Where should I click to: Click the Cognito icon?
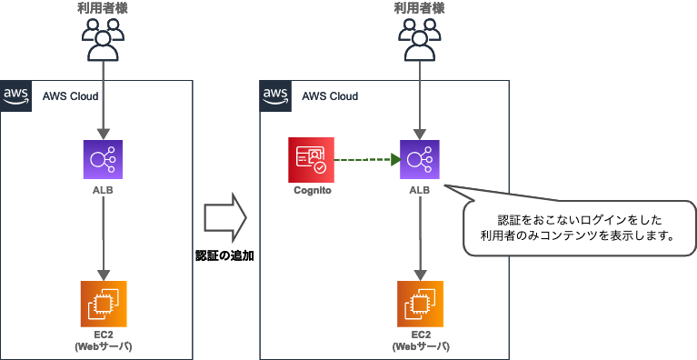pyautogui.click(x=311, y=160)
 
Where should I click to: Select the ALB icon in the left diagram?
pyautogui.click(x=105, y=161)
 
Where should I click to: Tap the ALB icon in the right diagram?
pyautogui.click(x=419, y=161)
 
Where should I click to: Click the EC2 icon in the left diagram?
pyautogui.click(x=105, y=305)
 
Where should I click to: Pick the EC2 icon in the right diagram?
pyautogui.click(x=419, y=305)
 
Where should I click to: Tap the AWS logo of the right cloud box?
pyautogui.click(x=275, y=95)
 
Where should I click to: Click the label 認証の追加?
pyautogui.click(x=224, y=256)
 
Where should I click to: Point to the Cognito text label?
pyautogui.click(x=311, y=192)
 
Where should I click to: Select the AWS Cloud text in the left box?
pyautogui.click(x=71, y=95)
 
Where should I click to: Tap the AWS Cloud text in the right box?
pyautogui.click(x=330, y=95)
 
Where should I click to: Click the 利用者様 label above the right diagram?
pyautogui.click(x=419, y=8)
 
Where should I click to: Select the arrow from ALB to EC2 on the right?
pyautogui.click(x=419, y=238)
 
